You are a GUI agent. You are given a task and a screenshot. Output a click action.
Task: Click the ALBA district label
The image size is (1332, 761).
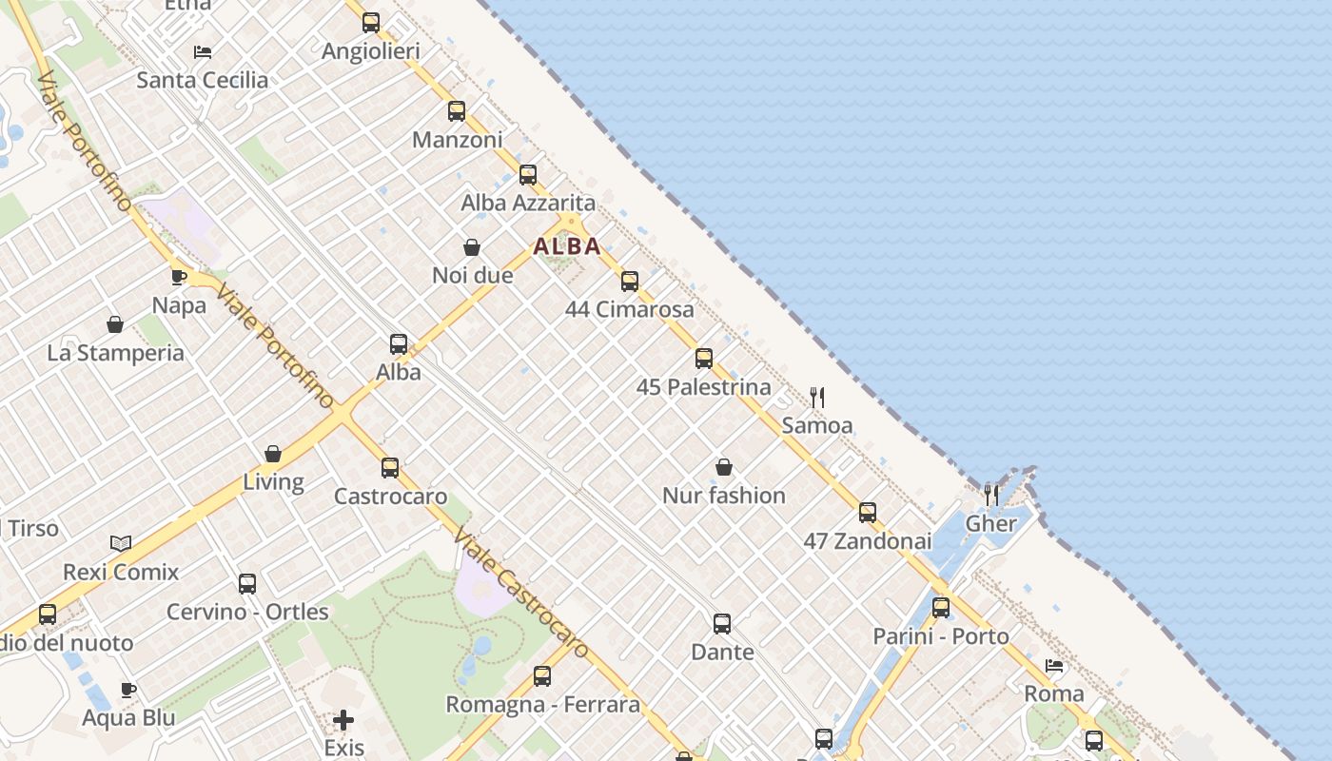[567, 246]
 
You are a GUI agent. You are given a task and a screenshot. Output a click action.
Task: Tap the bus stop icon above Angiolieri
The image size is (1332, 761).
[371, 23]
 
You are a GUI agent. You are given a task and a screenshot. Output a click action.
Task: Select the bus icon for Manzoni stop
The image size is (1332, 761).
[457, 111]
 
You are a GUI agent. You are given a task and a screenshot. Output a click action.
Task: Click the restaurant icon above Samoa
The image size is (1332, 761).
[817, 397]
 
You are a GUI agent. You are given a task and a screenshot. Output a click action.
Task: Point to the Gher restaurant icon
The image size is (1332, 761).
[991, 494]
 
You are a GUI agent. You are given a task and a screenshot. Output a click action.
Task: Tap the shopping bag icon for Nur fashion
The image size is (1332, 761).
[724, 467]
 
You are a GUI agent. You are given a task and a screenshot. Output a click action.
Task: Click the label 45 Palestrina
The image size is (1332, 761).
[703, 387]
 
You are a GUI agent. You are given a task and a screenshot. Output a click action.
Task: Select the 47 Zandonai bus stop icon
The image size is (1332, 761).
[868, 513]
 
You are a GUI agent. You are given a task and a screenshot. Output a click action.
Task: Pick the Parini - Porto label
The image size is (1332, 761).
[941, 636]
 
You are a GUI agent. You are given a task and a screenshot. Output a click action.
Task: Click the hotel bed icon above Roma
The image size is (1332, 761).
[1054, 666]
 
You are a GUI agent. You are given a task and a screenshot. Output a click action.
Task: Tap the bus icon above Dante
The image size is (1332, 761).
[722, 624]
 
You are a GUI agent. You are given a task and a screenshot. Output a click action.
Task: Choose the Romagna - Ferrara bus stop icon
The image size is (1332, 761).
[542, 676]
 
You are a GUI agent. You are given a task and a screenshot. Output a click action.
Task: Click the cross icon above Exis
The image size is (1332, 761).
[343, 720]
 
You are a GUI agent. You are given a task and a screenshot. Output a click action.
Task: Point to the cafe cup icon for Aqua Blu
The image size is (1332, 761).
[128, 690]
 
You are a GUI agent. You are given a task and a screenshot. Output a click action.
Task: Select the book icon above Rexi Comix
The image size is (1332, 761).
[121, 543]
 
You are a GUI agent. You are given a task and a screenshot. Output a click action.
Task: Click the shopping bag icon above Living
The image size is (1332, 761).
[273, 454]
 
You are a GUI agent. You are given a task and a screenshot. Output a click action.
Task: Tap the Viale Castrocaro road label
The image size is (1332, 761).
[520, 590]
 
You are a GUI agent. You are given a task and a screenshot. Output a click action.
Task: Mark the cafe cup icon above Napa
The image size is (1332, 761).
[179, 277]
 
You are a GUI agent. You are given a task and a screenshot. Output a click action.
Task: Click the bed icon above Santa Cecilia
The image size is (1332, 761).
[203, 51]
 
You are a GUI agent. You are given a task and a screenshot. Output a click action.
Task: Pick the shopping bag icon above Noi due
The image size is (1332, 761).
[472, 247]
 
